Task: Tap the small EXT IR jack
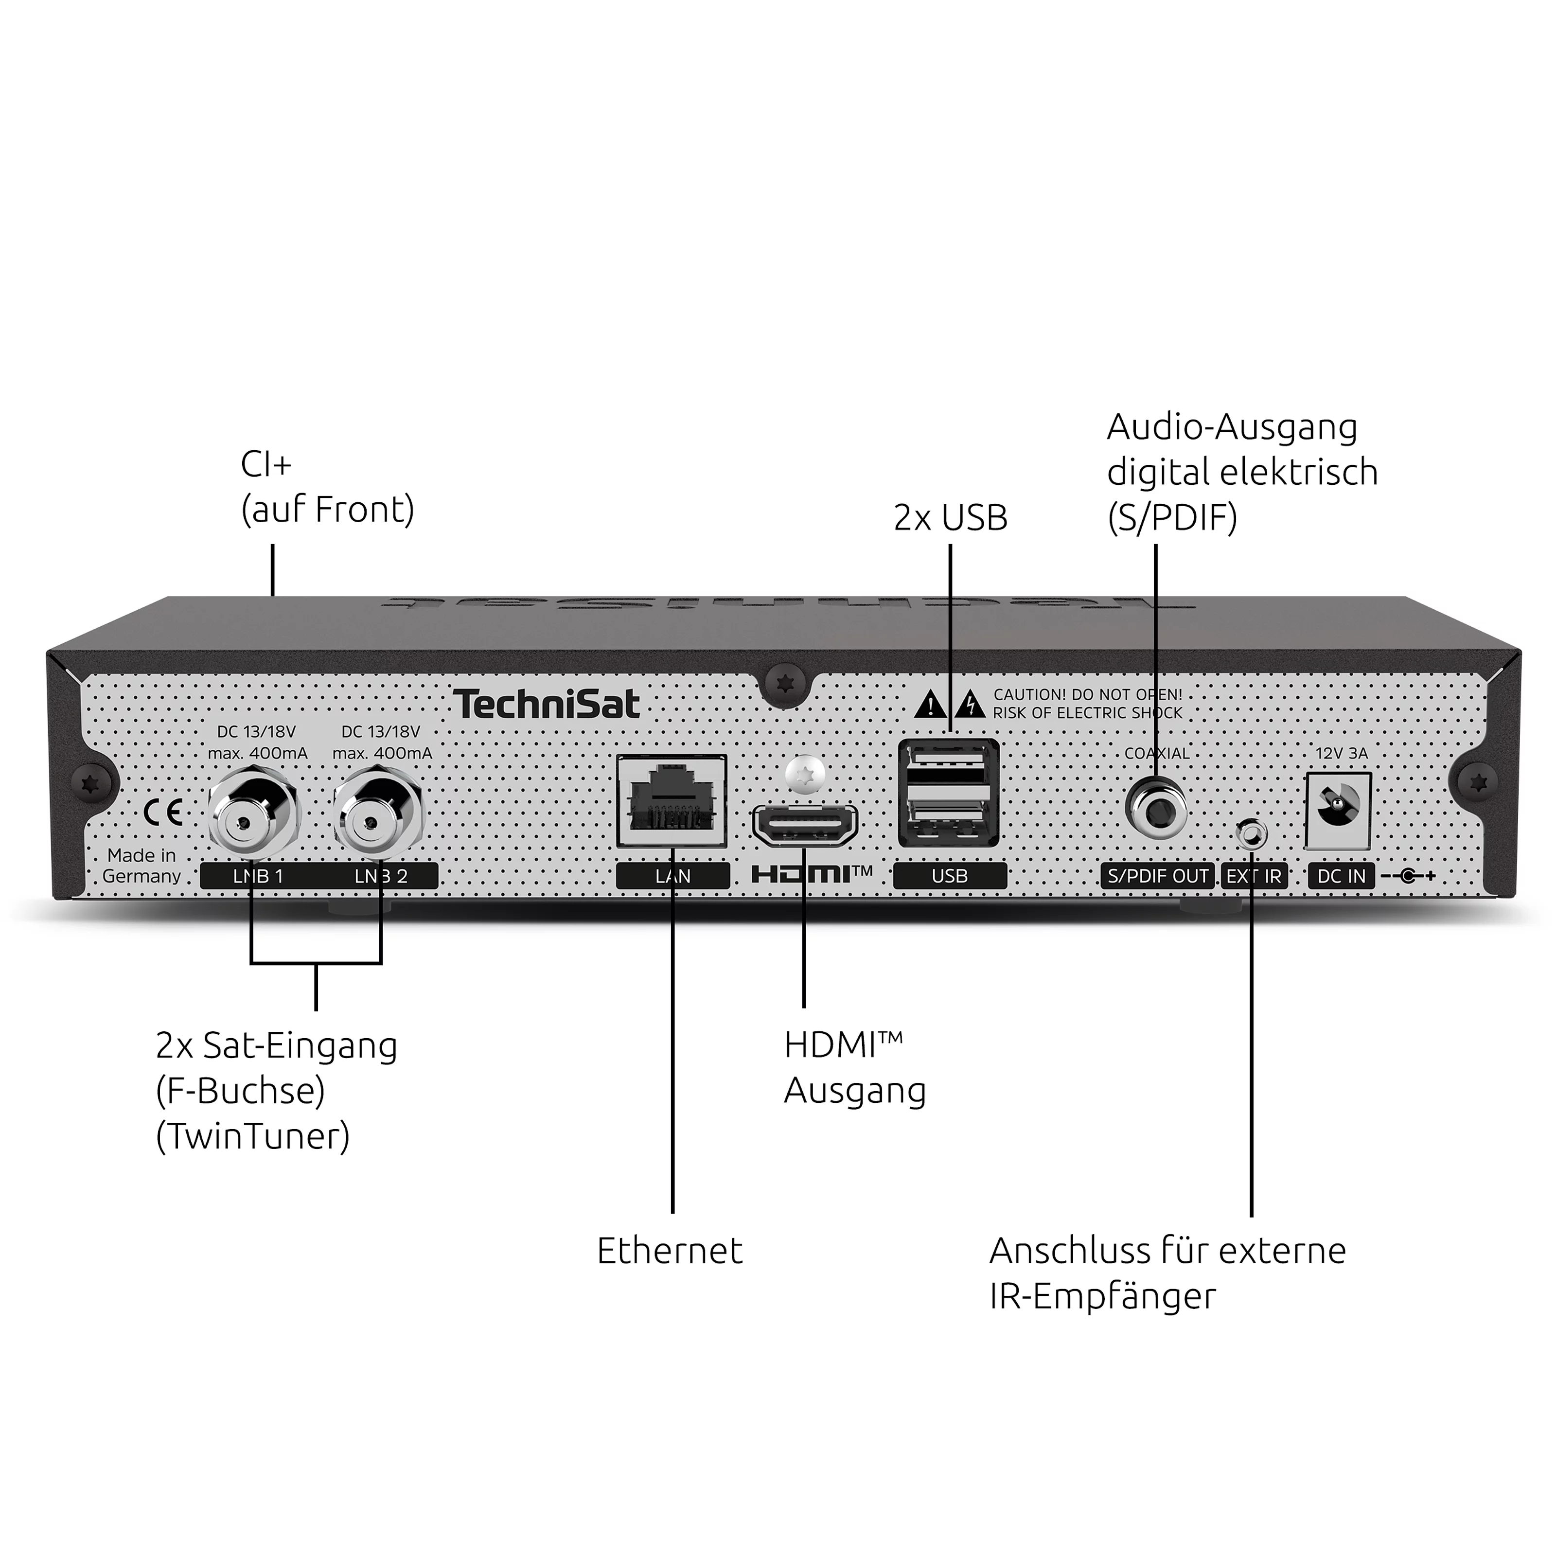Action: click(1251, 834)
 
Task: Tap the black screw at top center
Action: click(784, 684)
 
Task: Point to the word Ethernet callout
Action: click(669, 1251)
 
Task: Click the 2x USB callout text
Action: click(950, 518)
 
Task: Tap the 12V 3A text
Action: click(1341, 753)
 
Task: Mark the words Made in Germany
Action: click(142, 866)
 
